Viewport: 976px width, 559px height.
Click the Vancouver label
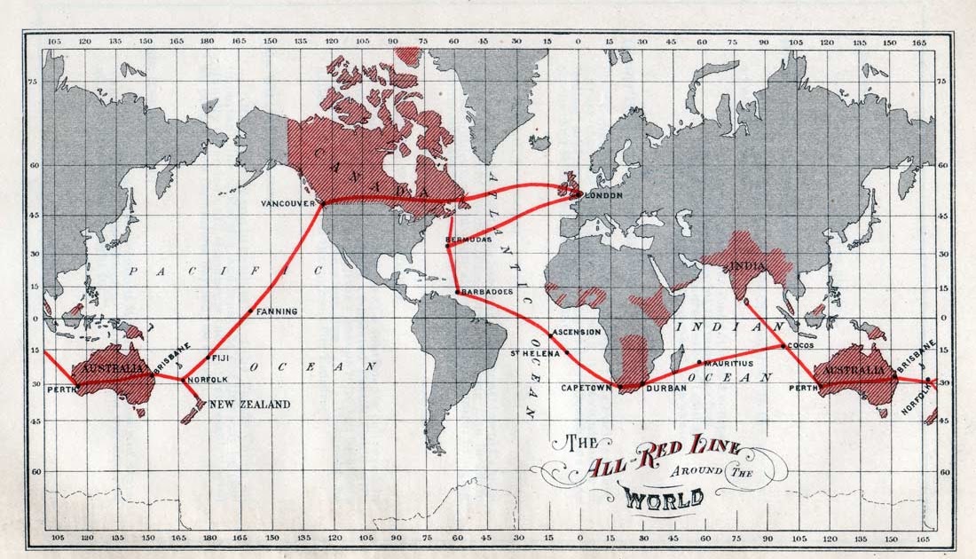tap(288, 204)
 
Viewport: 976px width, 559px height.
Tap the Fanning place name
tap(279, 311)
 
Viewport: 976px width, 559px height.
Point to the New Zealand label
tap(249, 405)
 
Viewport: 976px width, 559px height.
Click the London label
tap(603, 195)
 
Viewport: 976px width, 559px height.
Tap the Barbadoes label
tap(487, 292)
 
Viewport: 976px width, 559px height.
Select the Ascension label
tap(577, 332)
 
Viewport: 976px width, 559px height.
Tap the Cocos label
tap(800, 347)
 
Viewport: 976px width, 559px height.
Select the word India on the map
tap(746, 265)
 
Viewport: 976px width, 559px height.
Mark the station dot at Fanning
tap(251, 311)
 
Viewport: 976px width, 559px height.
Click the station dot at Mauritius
tap(700, 362)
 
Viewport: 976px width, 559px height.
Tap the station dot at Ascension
tap(550, 335)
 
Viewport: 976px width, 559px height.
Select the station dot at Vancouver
tap(322, 203)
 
